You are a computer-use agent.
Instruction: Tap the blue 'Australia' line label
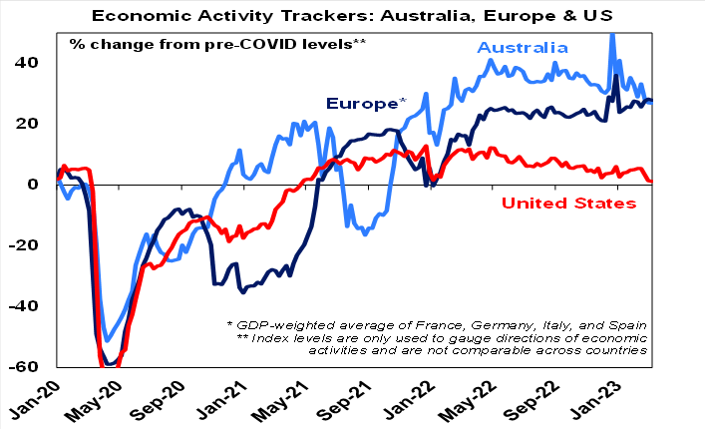523,48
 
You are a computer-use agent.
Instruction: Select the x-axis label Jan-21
296,400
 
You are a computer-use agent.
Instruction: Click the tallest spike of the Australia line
612,34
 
